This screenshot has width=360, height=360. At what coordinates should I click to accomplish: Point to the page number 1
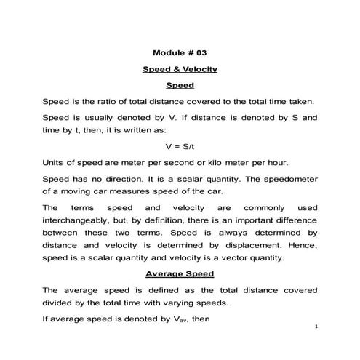pyautogui.click(x=318, y=328)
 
